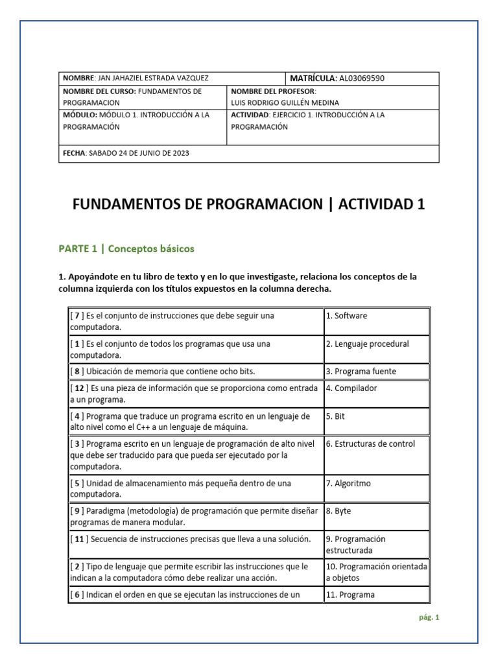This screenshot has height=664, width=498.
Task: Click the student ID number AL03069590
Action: coord(361,78)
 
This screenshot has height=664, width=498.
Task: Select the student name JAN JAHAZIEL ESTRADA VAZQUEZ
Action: coord(154,78)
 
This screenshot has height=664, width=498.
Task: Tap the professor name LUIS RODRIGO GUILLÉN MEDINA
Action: coord(285,102)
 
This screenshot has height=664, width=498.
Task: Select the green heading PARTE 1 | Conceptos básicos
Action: coord(126,248)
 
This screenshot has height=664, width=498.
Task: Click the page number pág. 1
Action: coord(429,617)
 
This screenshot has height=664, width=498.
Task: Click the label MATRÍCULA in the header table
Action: coord(312,78)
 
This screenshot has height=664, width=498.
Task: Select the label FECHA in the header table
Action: coord(74,153)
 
